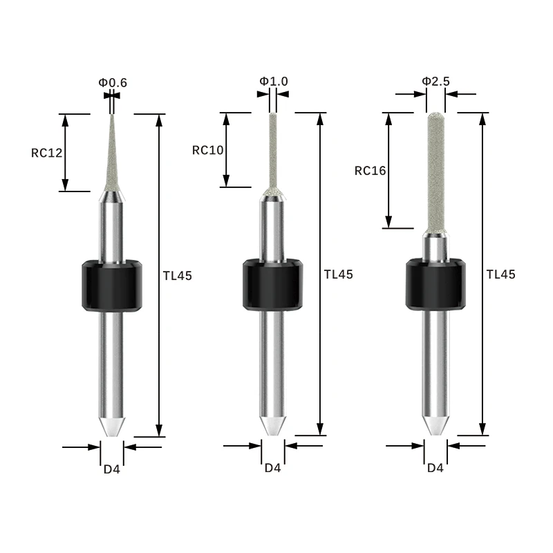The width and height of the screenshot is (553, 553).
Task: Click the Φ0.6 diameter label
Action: coord(113,83)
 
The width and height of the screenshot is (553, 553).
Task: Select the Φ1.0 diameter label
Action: coord(274,82)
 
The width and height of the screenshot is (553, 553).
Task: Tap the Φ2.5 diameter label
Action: coord(435,82)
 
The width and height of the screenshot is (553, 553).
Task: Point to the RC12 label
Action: coord(47,153)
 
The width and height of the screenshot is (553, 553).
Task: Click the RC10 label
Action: coord(208,149)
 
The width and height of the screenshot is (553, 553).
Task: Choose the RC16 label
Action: coord(370,170)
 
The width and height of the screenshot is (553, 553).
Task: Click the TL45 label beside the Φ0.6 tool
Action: coord(178,275)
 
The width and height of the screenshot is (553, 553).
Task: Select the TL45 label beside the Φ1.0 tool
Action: coord(339,274)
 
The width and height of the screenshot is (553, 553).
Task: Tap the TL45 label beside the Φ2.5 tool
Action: coord(501,274)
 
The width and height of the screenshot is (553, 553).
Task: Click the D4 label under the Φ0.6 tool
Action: coord(112,469)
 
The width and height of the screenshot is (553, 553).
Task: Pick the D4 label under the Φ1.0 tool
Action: coord(273,468)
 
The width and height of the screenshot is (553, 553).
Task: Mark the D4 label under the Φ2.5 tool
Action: coord(435,468)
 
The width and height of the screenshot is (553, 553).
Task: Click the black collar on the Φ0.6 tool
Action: coord(112,285)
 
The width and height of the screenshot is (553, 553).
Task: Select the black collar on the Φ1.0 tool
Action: coord(273,284)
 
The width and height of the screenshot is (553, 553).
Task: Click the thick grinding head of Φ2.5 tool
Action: coord(435,173)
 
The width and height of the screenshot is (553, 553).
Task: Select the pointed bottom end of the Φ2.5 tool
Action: coord(435,424)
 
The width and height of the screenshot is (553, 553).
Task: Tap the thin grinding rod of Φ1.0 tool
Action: coord(273,149)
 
